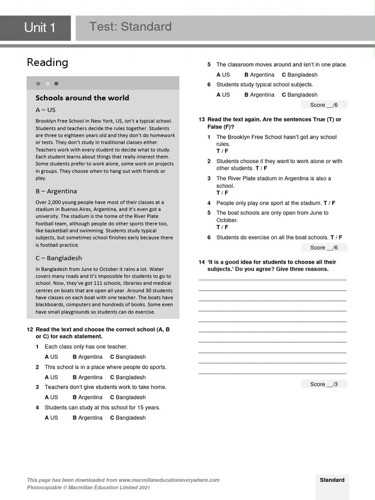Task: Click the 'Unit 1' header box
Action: point(40,28)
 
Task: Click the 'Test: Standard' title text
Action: point(130,27)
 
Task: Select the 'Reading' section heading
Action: point(47,62)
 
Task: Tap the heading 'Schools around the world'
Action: point(82,98)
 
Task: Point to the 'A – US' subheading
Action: point(45,110)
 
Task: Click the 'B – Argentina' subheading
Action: point(56,191)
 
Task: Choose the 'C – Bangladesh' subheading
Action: point(59,258)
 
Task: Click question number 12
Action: point(30,330)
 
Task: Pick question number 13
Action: point(201,120)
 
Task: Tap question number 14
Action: point(201,262)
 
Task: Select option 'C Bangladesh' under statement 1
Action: point(127,357)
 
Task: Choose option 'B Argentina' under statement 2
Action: point(87,377)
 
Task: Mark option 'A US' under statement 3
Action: point(51,397)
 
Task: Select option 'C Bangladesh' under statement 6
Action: point(299,95)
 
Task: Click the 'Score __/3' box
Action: point(324,384)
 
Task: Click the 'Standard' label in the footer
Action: point(332,480)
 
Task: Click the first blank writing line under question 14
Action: point(272,279)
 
